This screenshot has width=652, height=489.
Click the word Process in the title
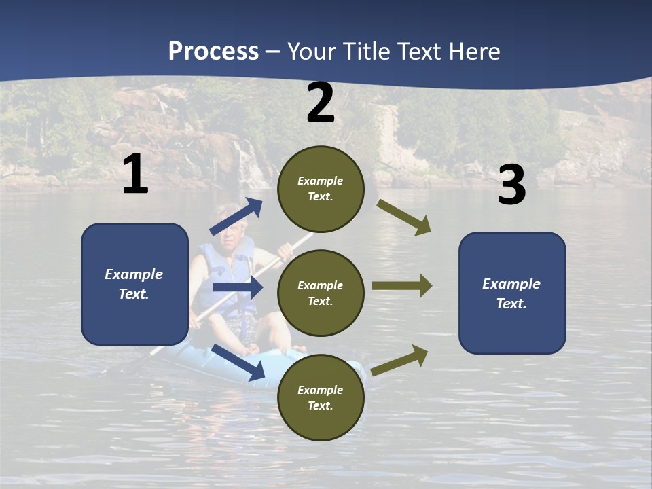(213, 52)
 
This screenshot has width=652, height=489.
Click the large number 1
(135, 175)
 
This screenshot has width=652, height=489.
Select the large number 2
(321, 103)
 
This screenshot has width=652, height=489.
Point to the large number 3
(511, 186)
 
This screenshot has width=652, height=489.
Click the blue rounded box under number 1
(134, 284)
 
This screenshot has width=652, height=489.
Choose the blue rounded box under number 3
(512, 293)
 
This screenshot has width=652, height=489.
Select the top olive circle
(321, 189)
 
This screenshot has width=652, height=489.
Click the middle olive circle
(321, 293)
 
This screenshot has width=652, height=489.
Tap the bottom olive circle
(321, 397)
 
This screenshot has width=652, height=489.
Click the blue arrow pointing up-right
(236, 217)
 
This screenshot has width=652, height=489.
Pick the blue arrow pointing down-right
(238, 362)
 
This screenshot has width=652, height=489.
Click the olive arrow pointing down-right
(404, 217)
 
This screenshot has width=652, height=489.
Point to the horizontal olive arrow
(402, 286)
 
